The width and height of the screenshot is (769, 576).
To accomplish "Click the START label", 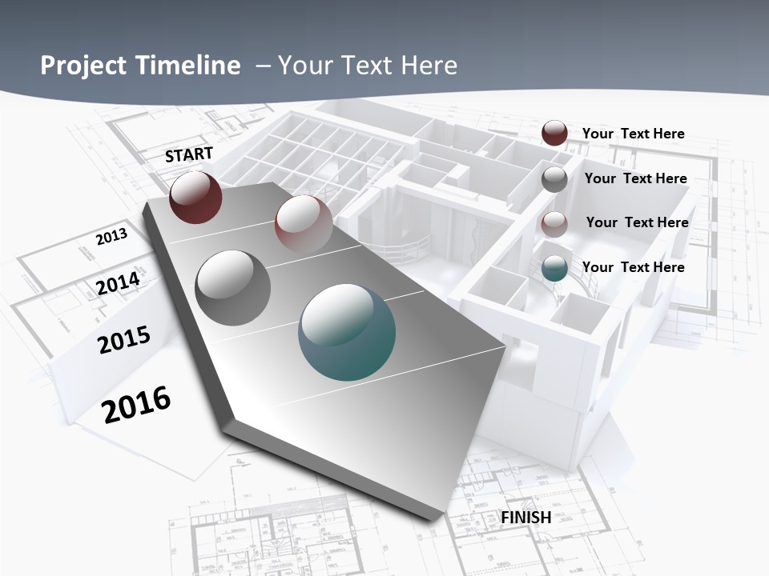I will (189, 154).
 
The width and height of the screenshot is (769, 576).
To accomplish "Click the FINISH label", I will (526, 518).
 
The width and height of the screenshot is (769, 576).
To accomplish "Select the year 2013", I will (111, 237).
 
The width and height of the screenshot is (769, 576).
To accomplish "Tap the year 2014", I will (119, 284).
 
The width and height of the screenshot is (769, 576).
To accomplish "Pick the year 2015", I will (124, 339).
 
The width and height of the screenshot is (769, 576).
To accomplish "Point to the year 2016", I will (137, 404).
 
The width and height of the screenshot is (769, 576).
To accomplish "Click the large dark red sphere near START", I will (195, 197).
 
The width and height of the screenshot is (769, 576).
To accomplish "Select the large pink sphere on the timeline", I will (304, 223).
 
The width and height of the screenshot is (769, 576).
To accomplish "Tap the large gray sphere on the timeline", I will (233, 287).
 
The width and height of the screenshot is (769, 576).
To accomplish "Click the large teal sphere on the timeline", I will (347, 332).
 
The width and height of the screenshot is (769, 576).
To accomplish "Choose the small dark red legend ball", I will (554, 133).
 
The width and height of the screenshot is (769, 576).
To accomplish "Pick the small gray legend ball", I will (554, 179).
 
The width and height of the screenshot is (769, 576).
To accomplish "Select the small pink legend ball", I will (554, 224).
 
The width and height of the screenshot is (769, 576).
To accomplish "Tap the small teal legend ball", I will (554, 269).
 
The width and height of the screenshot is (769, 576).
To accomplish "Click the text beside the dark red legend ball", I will (633, 134).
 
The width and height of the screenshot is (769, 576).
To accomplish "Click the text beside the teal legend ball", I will (633, 267).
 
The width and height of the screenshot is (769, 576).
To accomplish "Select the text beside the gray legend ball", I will (635, 178).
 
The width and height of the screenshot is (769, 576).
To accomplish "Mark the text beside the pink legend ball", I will (637, 222).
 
